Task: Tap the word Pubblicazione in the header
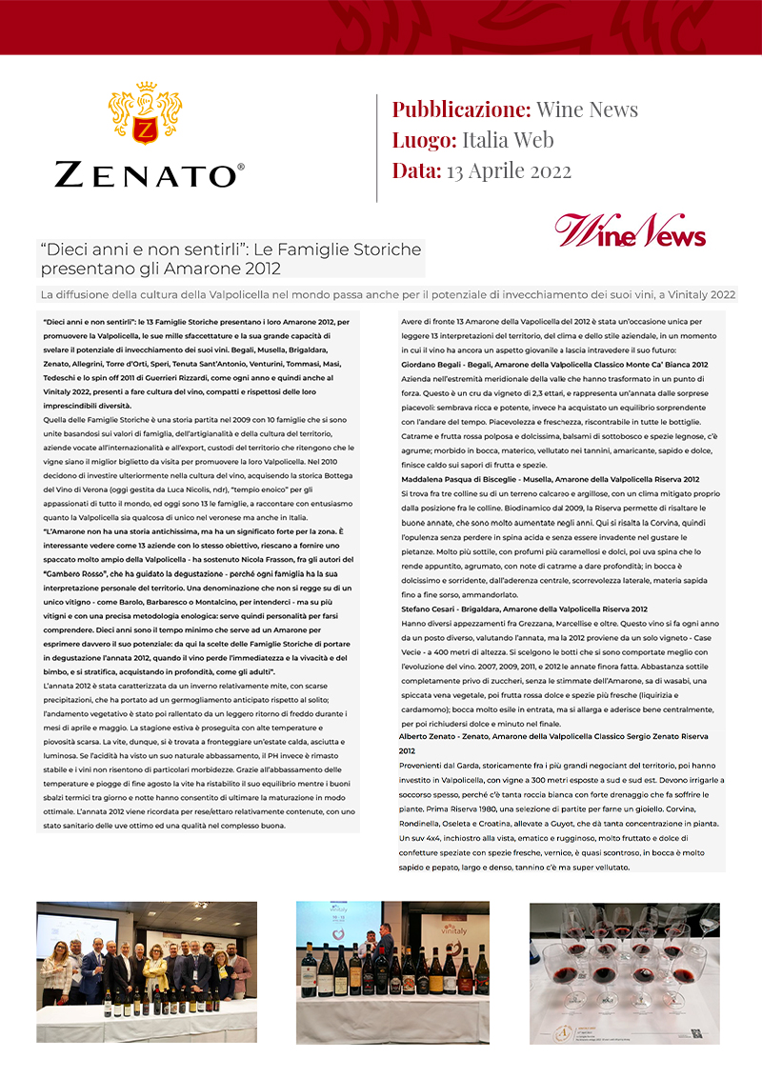(461, 110)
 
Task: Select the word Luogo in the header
(424, 141)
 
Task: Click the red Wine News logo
(631, 231)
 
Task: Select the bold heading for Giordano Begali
(554, 365)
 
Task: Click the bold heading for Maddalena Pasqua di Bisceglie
(551, 479)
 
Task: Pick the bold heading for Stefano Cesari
(524, 609)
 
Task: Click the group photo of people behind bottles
(147, 972)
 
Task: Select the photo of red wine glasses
(625, 972)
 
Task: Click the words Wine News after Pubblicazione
(587, 110)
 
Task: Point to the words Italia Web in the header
(508, 141)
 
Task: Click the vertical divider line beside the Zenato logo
(378, 147)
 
